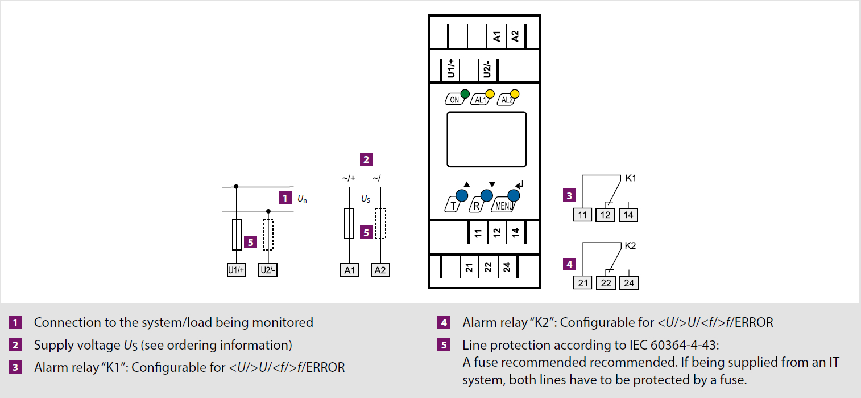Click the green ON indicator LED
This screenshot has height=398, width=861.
(x=465, y=93)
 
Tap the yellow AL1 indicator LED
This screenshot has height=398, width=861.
(x=490, y=93)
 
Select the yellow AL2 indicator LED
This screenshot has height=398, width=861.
(x=515, y=93)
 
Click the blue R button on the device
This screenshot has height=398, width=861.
(x=487, y=195)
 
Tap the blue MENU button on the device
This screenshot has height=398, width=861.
(x=514, y=195)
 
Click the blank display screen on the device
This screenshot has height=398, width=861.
(x=487, y=139)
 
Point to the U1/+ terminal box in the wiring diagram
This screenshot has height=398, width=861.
(x=237, y=270)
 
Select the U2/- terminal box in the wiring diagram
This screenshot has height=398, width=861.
(x=268, y=270)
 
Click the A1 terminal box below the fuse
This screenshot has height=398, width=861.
(x=349, y=270)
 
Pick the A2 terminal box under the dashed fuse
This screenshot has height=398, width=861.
(x=380, y=270)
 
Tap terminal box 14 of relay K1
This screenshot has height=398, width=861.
(x=628, y=215)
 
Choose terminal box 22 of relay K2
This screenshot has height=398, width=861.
(x=606, y=283)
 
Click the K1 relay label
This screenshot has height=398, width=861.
(x=631, y=178)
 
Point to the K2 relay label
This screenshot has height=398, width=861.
(x=630, y=245)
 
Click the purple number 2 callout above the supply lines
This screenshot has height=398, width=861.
(x=366, y=159)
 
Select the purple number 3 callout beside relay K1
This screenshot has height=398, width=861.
(x=569, y=195)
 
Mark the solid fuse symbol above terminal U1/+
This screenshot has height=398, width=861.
(x=237, y=235)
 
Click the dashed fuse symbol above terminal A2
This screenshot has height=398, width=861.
(x=380, y=223)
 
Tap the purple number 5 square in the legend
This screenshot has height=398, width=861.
(x=444, y=344)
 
